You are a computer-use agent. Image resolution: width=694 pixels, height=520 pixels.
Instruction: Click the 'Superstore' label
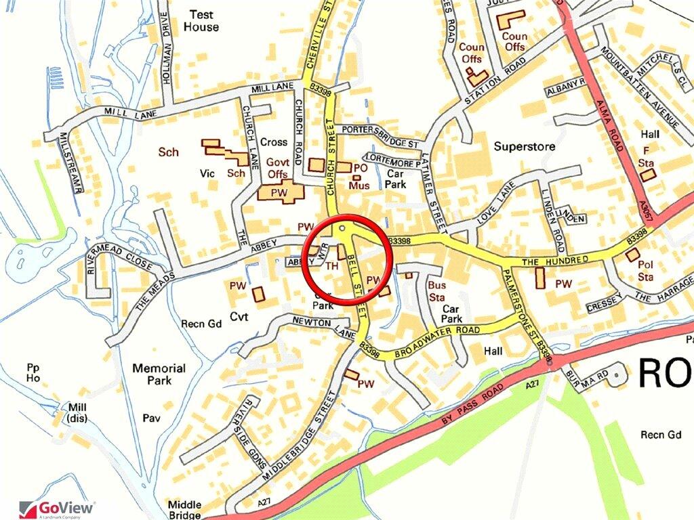click(x=525, y=146)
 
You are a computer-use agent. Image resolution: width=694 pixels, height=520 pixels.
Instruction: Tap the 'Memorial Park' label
click(x=159, y=374)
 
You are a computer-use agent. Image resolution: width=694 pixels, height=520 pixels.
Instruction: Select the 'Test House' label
click(x=201, y=20)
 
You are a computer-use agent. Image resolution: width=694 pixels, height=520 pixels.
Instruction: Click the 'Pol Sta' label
click(x=645, y=271)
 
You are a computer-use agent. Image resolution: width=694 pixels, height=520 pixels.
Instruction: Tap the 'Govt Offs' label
click(x=277, y=168)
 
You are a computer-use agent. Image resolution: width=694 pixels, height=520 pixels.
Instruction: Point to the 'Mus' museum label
click(x=357, y=184)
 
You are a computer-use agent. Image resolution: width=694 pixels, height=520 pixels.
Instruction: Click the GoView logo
click(x=58, y=508)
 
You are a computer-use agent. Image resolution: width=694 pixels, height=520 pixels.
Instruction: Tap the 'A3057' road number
click(x=649, y=211)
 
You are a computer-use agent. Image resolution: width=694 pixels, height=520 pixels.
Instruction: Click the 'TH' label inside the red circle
click(x=332, y=267)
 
